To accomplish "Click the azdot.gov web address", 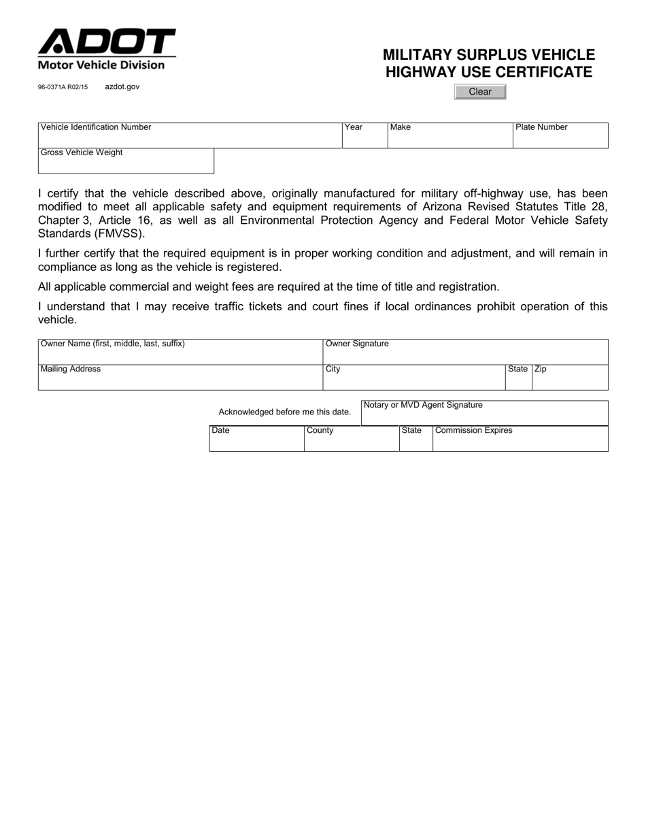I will (122, 87).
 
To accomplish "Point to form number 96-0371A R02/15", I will (63, 88).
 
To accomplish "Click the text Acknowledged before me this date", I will (285, 412).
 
